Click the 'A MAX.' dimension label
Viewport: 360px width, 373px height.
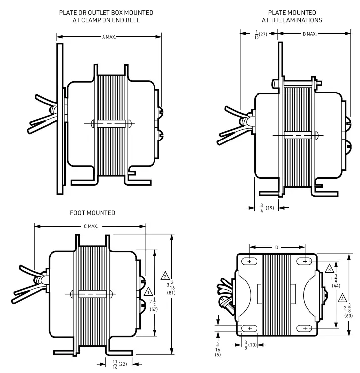[109, 37]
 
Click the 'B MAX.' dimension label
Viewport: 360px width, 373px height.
[309, 34]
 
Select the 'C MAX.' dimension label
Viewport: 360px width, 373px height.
[91, 226]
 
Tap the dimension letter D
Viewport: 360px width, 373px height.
[277, 246]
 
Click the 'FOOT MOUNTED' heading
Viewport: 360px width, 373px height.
[93, 213]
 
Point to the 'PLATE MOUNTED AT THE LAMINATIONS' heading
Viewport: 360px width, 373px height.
[292, 16]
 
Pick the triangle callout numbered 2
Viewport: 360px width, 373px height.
[166, 275]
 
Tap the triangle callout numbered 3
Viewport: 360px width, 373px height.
[329, 268]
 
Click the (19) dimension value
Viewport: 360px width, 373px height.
[270, 207]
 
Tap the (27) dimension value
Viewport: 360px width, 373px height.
[263, 34]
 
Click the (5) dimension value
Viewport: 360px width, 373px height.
[218, 355]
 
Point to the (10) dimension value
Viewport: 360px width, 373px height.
[253, 344]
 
